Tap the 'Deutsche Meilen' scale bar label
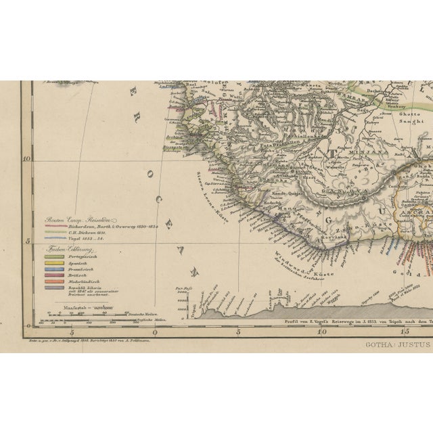click(142, 315)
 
